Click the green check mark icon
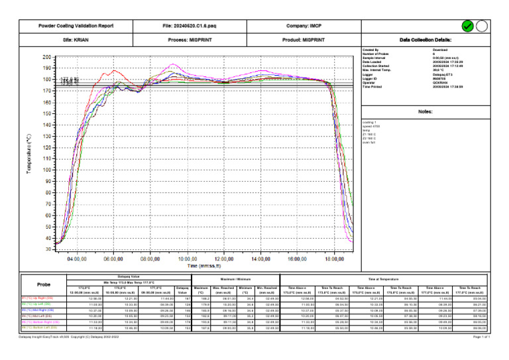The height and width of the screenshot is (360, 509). click(468, 26)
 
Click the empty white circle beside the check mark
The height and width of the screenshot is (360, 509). click(482, 26)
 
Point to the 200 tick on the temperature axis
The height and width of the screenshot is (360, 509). click(46, 58)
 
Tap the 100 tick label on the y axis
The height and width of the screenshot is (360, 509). click(46, 170)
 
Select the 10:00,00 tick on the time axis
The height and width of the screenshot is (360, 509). click(188, 259)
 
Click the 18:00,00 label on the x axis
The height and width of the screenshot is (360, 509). click(336, 259)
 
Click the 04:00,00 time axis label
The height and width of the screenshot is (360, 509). click(78, 259)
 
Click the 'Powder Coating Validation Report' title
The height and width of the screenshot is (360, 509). click(76, 26)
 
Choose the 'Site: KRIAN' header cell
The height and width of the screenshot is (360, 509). click(76, 40)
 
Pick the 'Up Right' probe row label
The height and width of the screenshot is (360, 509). click(40, 298)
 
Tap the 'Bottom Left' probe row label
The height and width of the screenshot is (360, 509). click(41, 327)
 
